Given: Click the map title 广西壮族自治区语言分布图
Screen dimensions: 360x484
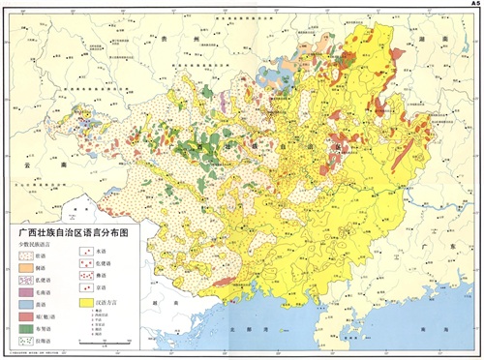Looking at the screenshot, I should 74,234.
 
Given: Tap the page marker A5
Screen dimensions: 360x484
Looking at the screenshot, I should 474,4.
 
